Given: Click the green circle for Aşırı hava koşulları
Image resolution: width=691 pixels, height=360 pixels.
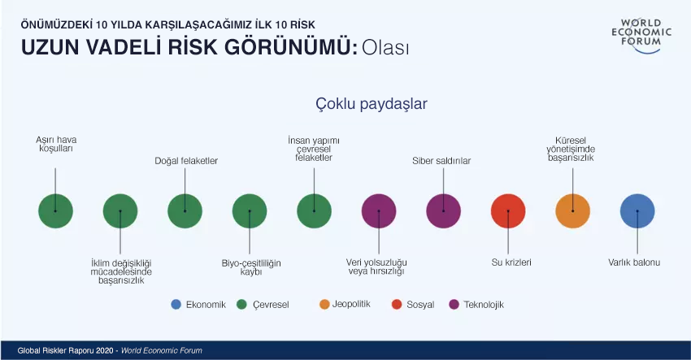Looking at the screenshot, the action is pos(55,211).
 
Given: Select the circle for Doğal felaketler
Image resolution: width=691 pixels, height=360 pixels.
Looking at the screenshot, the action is pos(185,211).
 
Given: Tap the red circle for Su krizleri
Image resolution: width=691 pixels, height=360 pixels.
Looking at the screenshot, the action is pos(508,211).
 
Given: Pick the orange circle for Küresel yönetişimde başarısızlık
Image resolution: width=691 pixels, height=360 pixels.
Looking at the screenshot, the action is pos(573,211).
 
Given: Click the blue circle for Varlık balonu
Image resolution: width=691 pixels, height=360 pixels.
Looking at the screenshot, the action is pos(637,211).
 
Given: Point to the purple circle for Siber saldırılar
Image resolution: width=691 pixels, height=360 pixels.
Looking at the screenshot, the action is pos(443,211).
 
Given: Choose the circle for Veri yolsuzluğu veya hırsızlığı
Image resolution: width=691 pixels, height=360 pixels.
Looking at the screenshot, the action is pos(379,211).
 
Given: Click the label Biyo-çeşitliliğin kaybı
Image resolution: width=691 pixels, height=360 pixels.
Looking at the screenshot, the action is pos(251,267).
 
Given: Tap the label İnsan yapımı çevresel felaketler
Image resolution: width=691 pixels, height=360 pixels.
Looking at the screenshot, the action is pos(314,149).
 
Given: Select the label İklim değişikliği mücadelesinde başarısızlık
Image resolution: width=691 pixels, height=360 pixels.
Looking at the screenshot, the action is pos(121,271).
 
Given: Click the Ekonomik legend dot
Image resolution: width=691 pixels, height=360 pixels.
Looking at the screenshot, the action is pos(176,305).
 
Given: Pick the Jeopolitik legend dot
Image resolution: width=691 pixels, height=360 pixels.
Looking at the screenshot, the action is pos(324,305).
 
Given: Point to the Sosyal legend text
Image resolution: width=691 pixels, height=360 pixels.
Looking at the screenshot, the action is pos(420,305).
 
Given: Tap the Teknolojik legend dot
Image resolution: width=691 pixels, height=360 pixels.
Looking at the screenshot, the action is pos(454,305).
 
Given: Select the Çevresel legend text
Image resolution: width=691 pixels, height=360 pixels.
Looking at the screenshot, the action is pos(271,305).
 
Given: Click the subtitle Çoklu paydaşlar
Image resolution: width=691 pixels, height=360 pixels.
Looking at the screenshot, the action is pos(372,104).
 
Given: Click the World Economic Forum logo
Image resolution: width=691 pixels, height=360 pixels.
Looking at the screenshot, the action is pos(641,36).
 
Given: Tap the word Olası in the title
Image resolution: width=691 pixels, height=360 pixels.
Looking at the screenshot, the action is pos(385,48).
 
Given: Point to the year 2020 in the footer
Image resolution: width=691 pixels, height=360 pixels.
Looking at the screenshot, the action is pos(103,351).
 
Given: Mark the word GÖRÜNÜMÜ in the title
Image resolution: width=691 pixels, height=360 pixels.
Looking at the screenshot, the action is pos(291,47).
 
